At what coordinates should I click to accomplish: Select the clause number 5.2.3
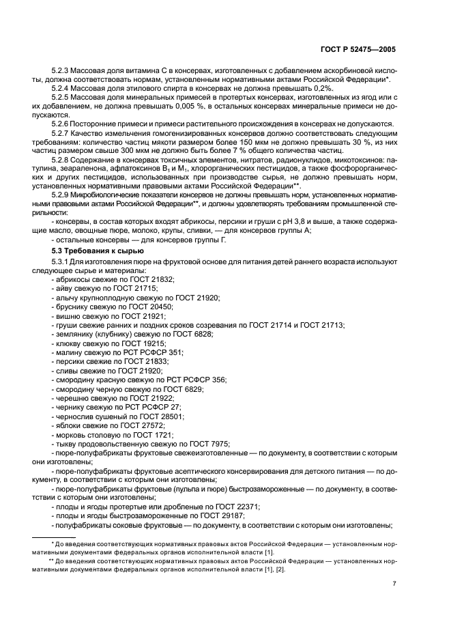point(63,71)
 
